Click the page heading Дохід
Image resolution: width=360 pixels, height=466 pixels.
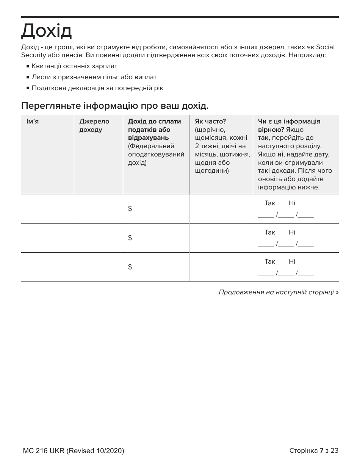[x=46, y=31]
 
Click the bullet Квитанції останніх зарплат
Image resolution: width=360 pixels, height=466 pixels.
[x=74, y=66]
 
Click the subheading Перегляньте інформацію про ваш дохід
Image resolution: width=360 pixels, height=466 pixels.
[x=115, y=106]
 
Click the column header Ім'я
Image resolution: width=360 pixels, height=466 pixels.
[x=32, y=122]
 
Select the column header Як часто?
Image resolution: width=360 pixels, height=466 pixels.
[x=210, y=122]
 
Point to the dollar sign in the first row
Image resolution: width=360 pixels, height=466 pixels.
[x=130, y=209]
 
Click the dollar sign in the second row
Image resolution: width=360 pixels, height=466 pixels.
[x=130, y=238]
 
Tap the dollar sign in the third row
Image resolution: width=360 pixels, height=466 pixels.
[x=130, y=267]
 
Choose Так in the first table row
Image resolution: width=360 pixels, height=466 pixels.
[x=270, y=203]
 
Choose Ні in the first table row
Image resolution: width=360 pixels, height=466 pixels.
[x=292, y=203]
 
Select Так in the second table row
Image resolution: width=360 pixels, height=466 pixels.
[x=270, y=233]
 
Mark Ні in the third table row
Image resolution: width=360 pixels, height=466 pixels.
[x=292, y=262]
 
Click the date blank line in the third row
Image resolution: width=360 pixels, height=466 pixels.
[x=286, y=274]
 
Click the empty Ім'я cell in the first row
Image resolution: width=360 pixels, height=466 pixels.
[x=47, y=209]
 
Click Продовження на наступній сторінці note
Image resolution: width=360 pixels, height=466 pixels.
[x=279, y=292]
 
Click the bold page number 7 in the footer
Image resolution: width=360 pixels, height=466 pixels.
[x=321, y=450]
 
